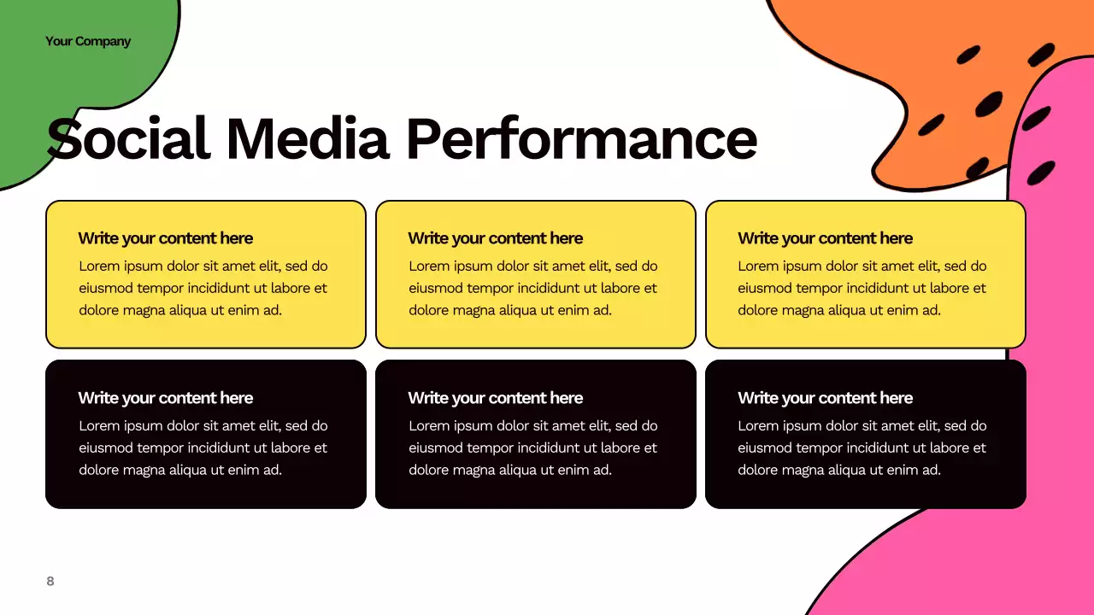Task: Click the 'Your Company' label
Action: tap(88, 41)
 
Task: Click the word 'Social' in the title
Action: tap(128, 139)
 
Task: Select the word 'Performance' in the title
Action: tap(581, 139)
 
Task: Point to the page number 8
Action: tap(50, 581)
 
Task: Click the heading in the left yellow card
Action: tap(165, 238)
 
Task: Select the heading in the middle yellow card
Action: tap(495, 238)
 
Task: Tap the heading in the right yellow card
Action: tap(825, 238)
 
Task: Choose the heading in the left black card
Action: tap(165, 398)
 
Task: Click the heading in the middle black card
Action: tap(495, 398)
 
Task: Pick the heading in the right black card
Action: tap(825, 398)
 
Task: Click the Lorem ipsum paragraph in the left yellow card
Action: tap(203, 288)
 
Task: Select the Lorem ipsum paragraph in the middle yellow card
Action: tap(533, 288)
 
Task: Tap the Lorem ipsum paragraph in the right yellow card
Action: tap(862, 288)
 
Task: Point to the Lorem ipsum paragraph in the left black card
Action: tap(203, 448)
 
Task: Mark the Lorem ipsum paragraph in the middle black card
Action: tap(533, 448)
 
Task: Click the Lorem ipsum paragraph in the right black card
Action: tap(862, 448)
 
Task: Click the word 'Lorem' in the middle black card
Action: tap(430, 425)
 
